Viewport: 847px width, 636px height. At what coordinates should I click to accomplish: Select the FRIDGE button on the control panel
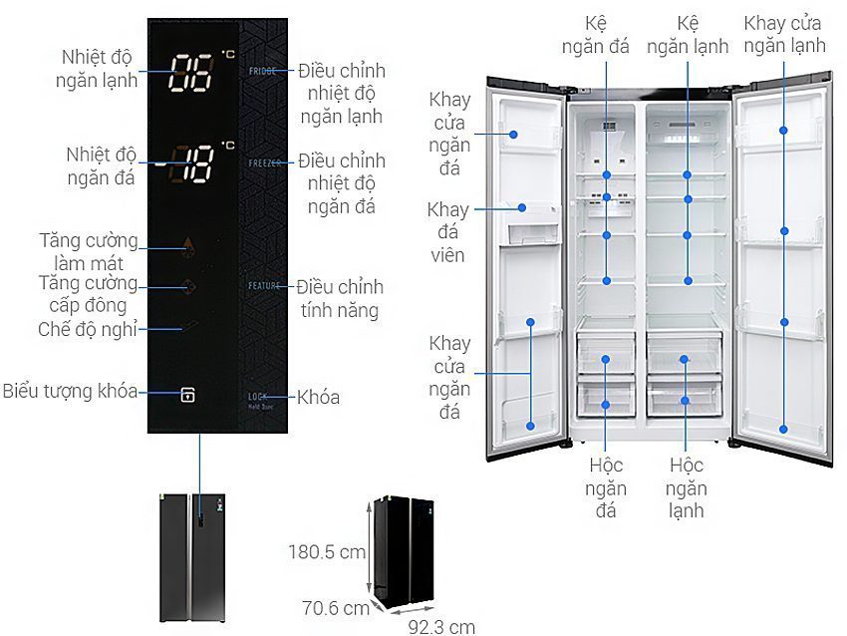point(263,72)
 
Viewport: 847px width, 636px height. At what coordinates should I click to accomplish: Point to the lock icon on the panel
point(187,395)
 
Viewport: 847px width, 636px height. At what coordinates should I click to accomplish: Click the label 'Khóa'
point(319,398)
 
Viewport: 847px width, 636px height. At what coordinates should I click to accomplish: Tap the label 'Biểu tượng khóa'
point(70,391)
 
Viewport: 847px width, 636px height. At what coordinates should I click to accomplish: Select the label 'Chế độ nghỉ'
point(88,329)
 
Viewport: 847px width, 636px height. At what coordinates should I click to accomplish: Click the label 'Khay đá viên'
point(447,231)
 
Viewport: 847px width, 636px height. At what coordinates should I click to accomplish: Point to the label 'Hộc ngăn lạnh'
point(687,487)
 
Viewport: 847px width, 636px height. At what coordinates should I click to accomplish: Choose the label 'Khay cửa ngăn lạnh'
point(784,33)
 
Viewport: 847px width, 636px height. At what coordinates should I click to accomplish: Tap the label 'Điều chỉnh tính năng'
point(339,299)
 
